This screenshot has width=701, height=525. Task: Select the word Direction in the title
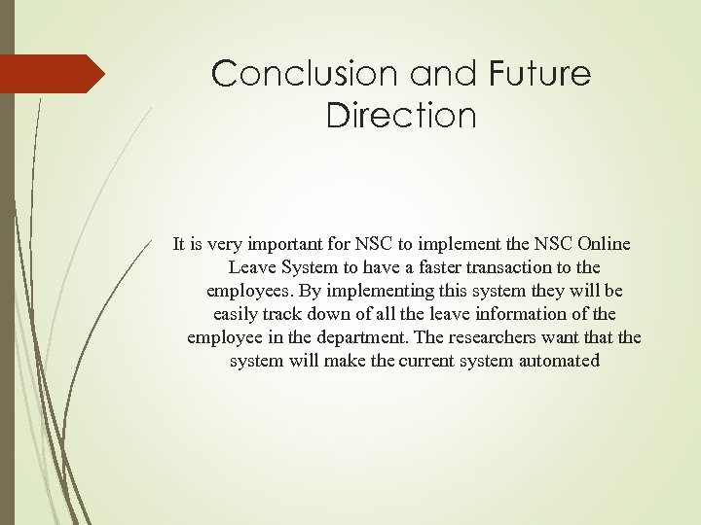pos(401,116)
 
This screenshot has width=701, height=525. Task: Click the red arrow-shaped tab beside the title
pos(54,74)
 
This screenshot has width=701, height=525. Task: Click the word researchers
pos(506,337)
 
